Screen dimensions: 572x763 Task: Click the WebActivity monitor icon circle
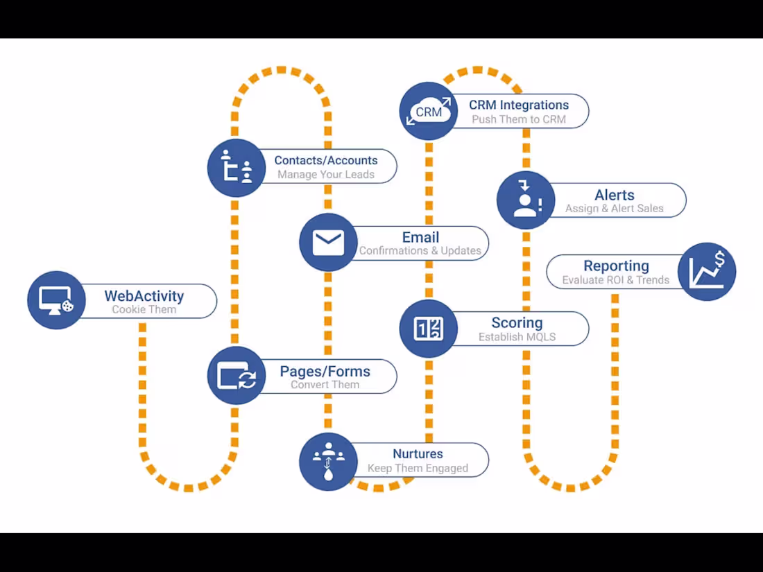[56, 300]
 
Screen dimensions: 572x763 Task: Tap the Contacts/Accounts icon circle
[237, 168]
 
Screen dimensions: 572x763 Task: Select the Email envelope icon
[328, 243]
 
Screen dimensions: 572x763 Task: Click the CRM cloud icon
[429, 111]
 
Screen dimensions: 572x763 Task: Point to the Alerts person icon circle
[526, 200]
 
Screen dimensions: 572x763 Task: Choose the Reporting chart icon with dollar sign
[707, 271]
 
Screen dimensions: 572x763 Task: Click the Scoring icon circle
[429, 329]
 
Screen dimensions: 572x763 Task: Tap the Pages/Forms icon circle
[237, 376]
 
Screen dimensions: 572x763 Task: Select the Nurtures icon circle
[328, 461]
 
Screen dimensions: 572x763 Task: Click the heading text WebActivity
[144, 296]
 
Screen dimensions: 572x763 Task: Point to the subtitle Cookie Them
[144, 310]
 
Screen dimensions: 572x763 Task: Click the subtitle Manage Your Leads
[326, 175]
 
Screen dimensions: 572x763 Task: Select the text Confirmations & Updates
[420, 251]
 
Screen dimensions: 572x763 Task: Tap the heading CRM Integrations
[519, 105]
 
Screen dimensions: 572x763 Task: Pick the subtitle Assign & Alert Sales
[615, 209]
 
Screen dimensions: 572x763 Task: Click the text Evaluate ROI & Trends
[616, 281]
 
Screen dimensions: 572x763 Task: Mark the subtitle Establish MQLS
[517, 338]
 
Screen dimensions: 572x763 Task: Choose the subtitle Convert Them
[325, 385]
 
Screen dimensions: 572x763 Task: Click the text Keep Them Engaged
[418, 469]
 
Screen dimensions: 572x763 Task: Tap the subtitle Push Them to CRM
[519, 119]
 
